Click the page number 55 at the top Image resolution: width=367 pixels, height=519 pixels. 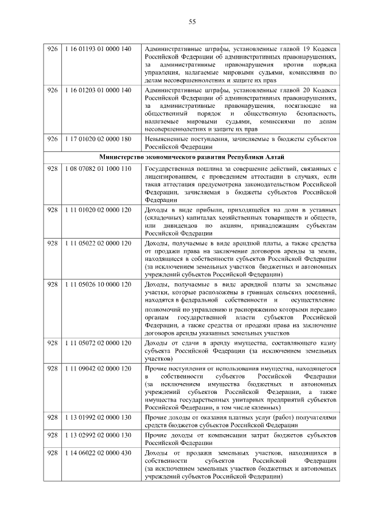192,22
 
